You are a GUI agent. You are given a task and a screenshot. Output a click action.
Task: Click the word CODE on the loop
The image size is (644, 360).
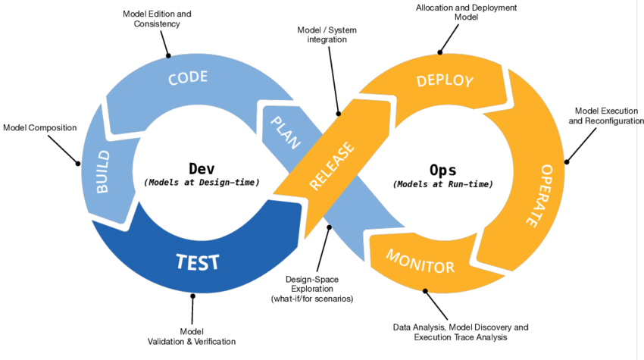click(188, 78)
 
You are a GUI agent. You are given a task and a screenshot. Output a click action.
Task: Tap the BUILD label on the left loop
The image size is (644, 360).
click(105, 172)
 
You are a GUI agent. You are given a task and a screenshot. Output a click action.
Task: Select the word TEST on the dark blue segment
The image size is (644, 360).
click(198, 262)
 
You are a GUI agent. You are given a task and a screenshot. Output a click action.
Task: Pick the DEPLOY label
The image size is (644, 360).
click(445, 81)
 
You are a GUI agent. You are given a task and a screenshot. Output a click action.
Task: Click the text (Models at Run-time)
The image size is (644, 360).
click(442, 183)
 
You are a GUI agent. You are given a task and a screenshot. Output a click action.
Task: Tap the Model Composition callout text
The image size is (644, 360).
click(40, 127)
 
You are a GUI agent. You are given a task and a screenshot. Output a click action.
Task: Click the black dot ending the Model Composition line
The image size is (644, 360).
click(77, 162)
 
